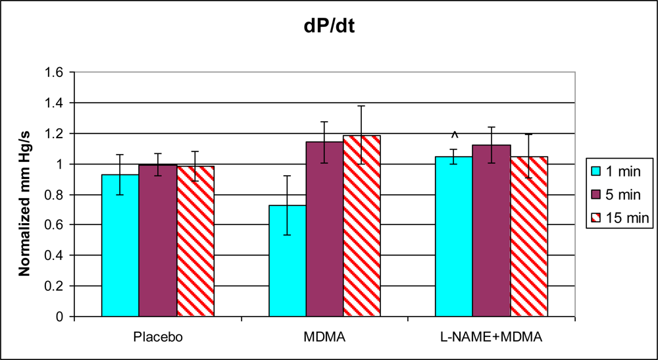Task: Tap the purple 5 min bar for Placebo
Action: tap(157, 241)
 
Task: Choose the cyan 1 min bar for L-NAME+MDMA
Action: tap(454, 236)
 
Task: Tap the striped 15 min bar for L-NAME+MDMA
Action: tap(529, 236)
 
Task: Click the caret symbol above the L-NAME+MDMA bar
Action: tap(454, 136)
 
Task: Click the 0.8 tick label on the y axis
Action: tap(54, 195)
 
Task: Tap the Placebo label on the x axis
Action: tap(157, 337)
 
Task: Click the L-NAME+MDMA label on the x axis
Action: tap(492, 337)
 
